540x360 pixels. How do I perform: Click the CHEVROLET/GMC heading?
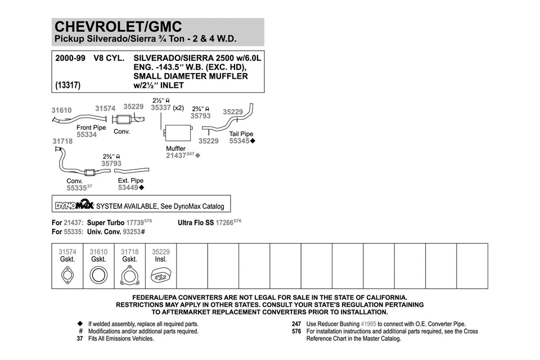(118, 27)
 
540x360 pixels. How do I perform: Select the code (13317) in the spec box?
(67, 85)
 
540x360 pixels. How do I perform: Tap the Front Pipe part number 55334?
(86, 135)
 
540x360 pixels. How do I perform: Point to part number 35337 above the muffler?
(161, 108)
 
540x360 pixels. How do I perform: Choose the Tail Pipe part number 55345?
(239, 141)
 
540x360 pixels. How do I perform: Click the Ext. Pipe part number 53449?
(128, 188)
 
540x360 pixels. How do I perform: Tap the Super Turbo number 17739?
(136, 223)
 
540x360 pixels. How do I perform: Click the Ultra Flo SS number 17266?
(225, 223)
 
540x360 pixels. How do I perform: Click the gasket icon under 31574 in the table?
(67, 275)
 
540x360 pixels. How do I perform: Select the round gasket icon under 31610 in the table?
(98, 275)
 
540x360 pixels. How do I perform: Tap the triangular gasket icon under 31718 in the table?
(129, 275)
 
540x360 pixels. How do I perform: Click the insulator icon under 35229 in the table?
(161, 275)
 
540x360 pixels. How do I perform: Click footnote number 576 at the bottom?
(296, 331)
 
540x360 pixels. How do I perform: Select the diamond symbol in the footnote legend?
(80, 324)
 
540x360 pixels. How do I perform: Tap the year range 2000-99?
(70, 58)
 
